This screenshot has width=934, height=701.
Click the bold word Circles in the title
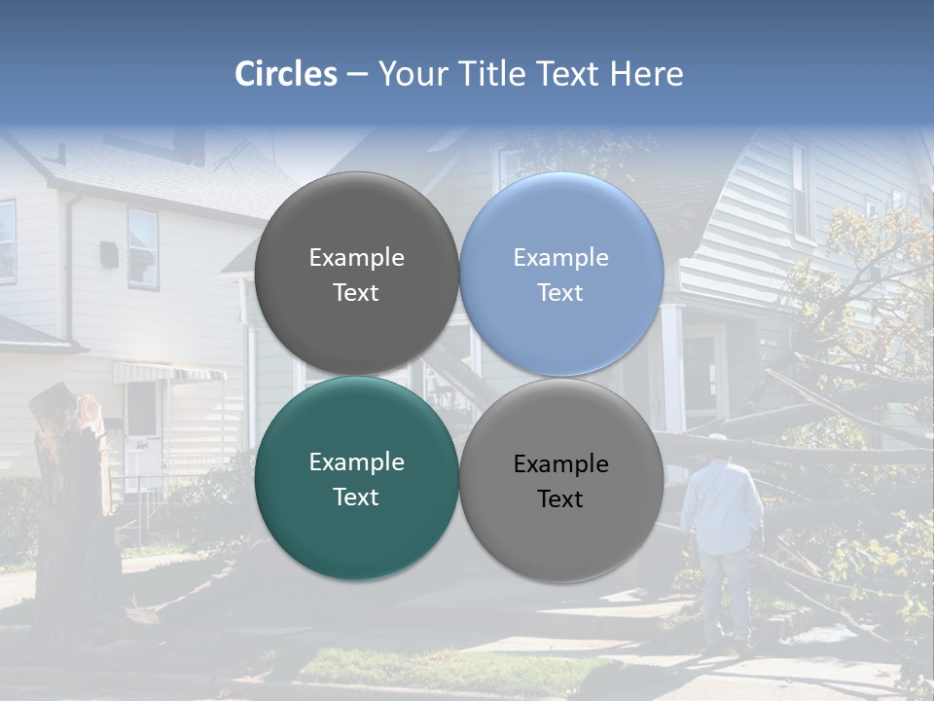(x=286, y=74)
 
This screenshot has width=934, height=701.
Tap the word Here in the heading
(x=646, y=74)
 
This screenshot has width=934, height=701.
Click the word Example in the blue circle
(x=560, y=258)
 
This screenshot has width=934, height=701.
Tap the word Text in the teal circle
(x=356, y=498)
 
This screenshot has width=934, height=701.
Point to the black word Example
(x=560, y=464)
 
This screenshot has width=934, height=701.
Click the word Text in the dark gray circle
(x=356, y=293)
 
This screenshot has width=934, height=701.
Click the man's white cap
(x=718, y=441)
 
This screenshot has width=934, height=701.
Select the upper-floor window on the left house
(x=142, y=247)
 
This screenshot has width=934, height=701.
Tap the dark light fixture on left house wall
(x=109, y=254)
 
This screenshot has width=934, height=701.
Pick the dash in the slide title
(x=356, y=75)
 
